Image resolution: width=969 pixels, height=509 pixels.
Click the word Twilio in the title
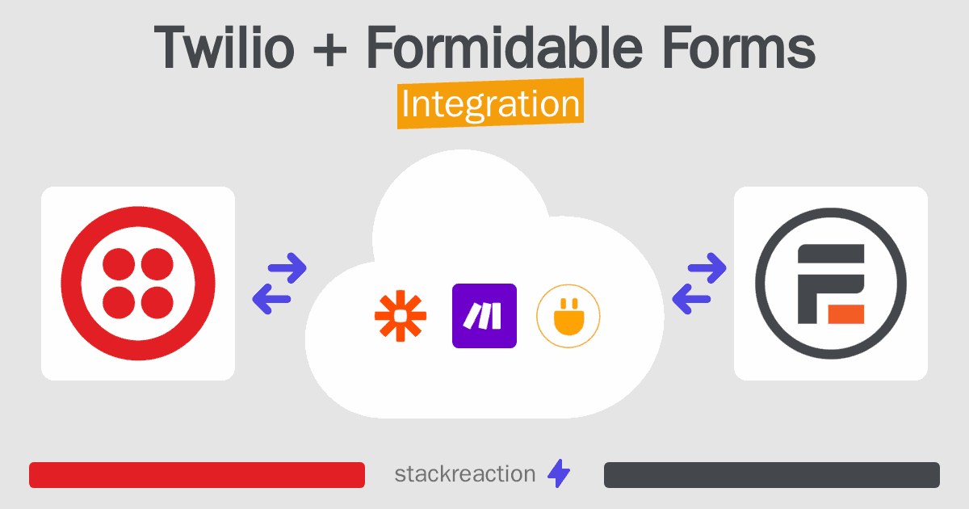tap(224, 47)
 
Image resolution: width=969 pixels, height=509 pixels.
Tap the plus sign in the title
tap(330, 51)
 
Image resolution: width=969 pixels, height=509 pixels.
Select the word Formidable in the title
tap(505, 47)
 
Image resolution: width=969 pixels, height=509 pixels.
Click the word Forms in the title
tap(739, 47)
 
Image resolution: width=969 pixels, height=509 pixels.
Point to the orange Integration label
tap(491, 103)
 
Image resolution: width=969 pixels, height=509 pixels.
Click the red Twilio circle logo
tap(138, 284)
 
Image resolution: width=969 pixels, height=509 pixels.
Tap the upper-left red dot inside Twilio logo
tap(119, 264)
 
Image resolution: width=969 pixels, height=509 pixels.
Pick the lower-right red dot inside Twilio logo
tap(157, 302)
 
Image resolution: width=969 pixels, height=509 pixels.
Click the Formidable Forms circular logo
tap(831, 284)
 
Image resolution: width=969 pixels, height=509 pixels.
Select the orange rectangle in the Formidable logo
tap(845, 313)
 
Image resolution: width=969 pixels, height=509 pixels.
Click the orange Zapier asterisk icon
tap(401, 316)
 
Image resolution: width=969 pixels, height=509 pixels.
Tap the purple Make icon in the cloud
tap(484, 316)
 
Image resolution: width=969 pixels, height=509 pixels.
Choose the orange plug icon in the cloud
tap(568, 316)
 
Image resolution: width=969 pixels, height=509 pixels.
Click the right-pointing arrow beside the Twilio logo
tap(287, 268)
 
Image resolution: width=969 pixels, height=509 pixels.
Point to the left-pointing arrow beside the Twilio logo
tap(271, 299)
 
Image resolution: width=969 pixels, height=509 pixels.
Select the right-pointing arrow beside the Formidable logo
tap(707, 268)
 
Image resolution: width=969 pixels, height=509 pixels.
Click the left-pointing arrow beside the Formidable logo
tap(691, 299)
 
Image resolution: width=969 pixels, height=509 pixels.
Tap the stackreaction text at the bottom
tap(465, 474)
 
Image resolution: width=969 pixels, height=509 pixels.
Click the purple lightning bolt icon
tap(559, 473)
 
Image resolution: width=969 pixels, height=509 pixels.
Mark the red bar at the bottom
tap(197, 475)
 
